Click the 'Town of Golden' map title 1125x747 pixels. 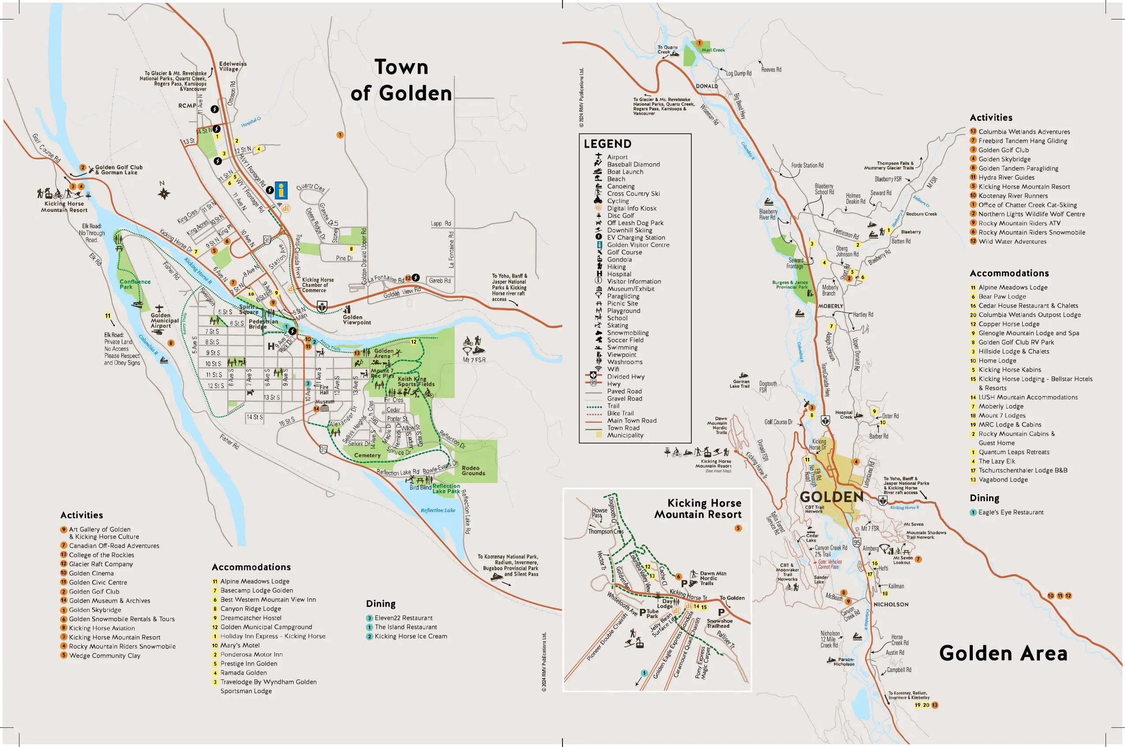pos(401,80)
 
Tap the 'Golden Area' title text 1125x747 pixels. pos(1003,653)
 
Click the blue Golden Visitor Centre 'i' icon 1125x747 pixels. pos(281,190)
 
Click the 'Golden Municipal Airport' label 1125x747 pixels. pos(164,321)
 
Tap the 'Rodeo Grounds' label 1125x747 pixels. pos(473,471)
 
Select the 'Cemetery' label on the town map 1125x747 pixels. pos(367,455)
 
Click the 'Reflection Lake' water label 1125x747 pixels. pos(438,510)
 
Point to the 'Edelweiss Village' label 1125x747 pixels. pos(232,66)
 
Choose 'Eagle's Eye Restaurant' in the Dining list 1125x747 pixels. pos(1010,512)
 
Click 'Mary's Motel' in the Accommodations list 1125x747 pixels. pos(240,645)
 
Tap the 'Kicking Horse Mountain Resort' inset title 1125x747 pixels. pos(698,509)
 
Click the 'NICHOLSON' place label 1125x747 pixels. pos(891,604)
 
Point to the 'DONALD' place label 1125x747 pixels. pos(706,86)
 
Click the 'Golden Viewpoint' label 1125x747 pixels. pos(356,319)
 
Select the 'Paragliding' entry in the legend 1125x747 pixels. pos(623,296)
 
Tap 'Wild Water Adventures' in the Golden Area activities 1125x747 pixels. pos(1012,241)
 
